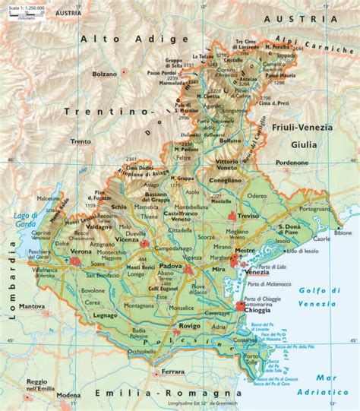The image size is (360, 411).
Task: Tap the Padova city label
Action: tap(169, 267)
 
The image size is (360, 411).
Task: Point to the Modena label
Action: tap(68, 395)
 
